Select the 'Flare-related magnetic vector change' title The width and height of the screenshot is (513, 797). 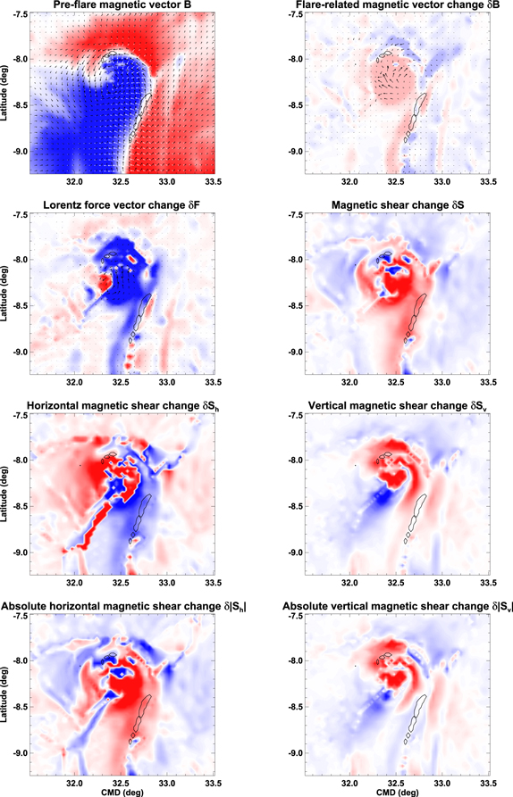(396, 8)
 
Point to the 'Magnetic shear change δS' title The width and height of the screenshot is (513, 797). (396, 207)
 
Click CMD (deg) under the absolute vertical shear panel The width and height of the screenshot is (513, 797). (396, 790)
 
